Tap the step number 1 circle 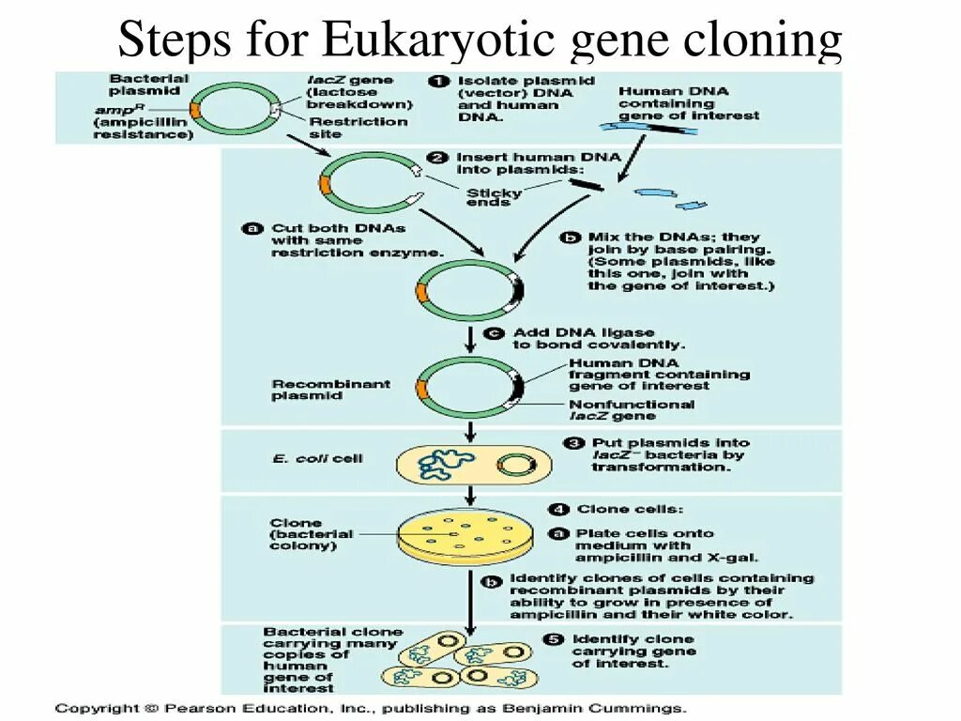pos(438,81)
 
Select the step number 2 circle pos(437,157)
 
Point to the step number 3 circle pos(573,442)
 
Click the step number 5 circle pos(553,639)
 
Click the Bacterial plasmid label pos(148,84)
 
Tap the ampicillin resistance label pos(143,122)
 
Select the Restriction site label pos(358,128)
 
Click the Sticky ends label pos(495,198)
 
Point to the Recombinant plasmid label pos(318,390)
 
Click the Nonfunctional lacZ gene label pos(632,410)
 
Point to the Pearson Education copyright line pos(371,709)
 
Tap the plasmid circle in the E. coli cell pos(514,464)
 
